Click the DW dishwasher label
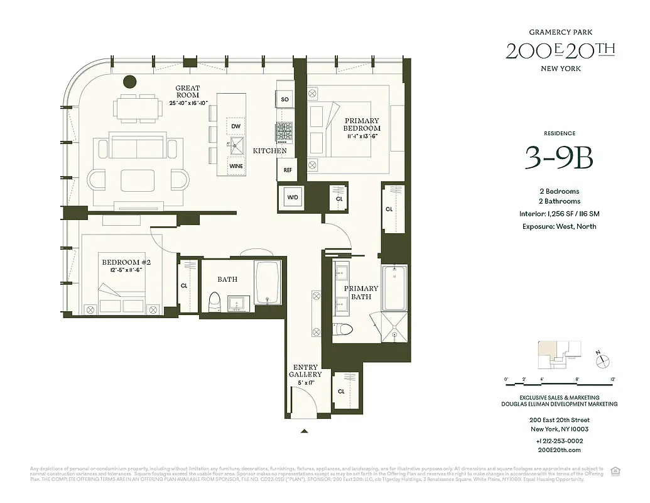pyautogui.click(x=236, y=126)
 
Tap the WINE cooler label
pyautogui.click(x=236, y=166)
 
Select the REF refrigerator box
pyautogui.click(x=287, y=170)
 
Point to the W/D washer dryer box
pyautogui.click(x=293, y=197)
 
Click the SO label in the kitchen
pyautogui.click(x=284, y=99)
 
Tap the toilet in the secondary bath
pyautogui.click(x=214, y=302)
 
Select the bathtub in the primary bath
pyautogui.click(x=394, y=288)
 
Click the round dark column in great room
pyautogui.click(x=130, y=81)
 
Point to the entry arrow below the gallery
pyautogui.click(x=305, y=431)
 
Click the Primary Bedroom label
pyautogui.click(x=361, y=124)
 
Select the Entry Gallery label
pyautogui.click(x=305, y=371)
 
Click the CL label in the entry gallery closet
pyautogui.click(x=341, y=391)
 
